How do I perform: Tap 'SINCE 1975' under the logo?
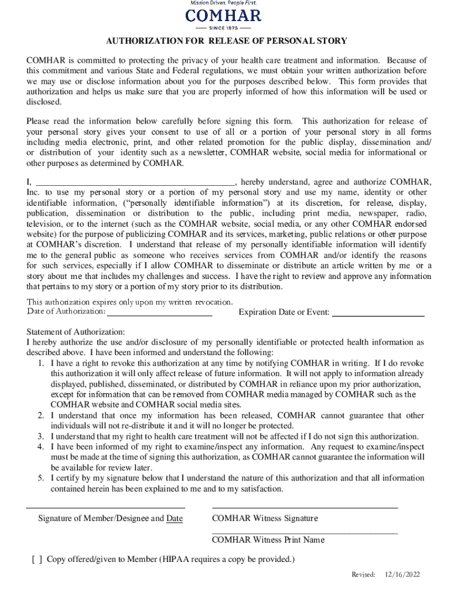(223, 28)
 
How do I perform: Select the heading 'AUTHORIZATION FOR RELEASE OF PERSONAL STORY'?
(226, 41)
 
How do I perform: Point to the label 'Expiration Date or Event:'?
(284, 312)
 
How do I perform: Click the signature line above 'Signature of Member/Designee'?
(106, 507)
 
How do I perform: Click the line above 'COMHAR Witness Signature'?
(305, 507)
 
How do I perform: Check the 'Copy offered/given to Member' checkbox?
(37, 559)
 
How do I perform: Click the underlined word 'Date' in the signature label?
(175, 518)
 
